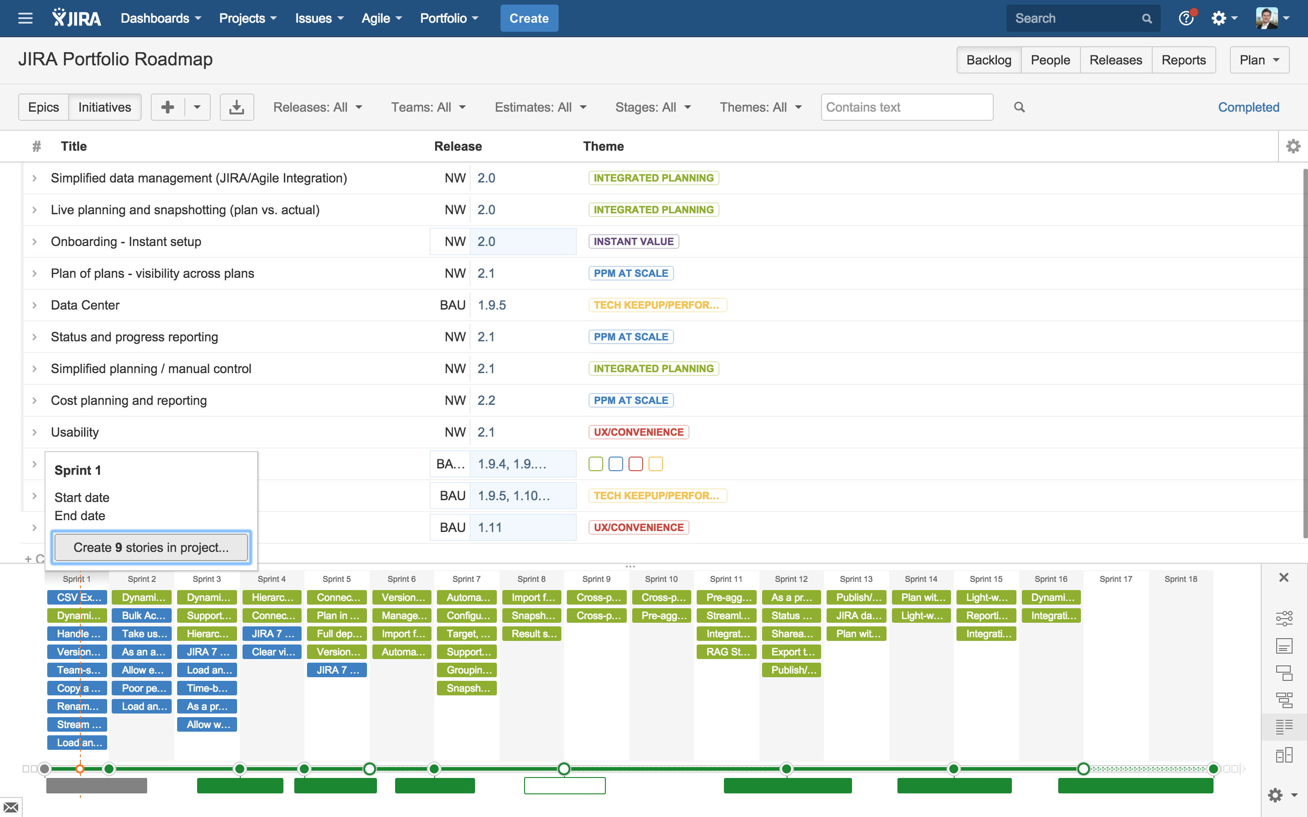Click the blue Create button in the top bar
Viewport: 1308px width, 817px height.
(529, 18)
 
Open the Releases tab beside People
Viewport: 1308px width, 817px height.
(1115, 60)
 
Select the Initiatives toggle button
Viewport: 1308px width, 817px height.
(104, 107)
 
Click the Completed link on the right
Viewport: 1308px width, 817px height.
(1248, 107)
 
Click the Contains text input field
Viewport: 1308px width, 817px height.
(907, 107)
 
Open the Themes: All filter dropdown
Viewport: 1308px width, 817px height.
(760, 107)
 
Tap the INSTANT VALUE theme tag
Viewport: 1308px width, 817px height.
(633, 241)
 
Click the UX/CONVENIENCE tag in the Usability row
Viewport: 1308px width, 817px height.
(638, 432)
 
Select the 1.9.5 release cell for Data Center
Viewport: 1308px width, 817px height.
(491, 305)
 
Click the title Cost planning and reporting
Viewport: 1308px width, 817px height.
(129, 400)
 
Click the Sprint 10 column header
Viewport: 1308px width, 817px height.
(660, 579)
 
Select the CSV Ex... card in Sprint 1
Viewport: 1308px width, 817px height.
(77, 597)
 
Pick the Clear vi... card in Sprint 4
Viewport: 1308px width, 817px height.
(272, 652)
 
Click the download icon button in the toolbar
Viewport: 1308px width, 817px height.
(236, 107)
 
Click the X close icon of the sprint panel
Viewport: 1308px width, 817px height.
(1283, 578)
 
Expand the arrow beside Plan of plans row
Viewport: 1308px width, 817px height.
(35, 273)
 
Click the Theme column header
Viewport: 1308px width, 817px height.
(603, 147)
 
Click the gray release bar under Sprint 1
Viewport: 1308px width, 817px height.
(96, 786)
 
